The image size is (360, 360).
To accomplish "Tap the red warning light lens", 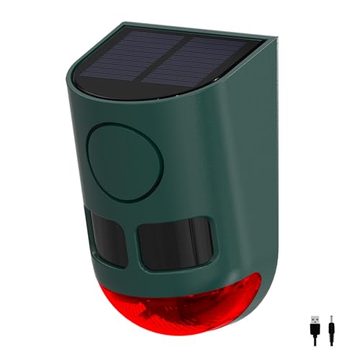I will tap(173, 302).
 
